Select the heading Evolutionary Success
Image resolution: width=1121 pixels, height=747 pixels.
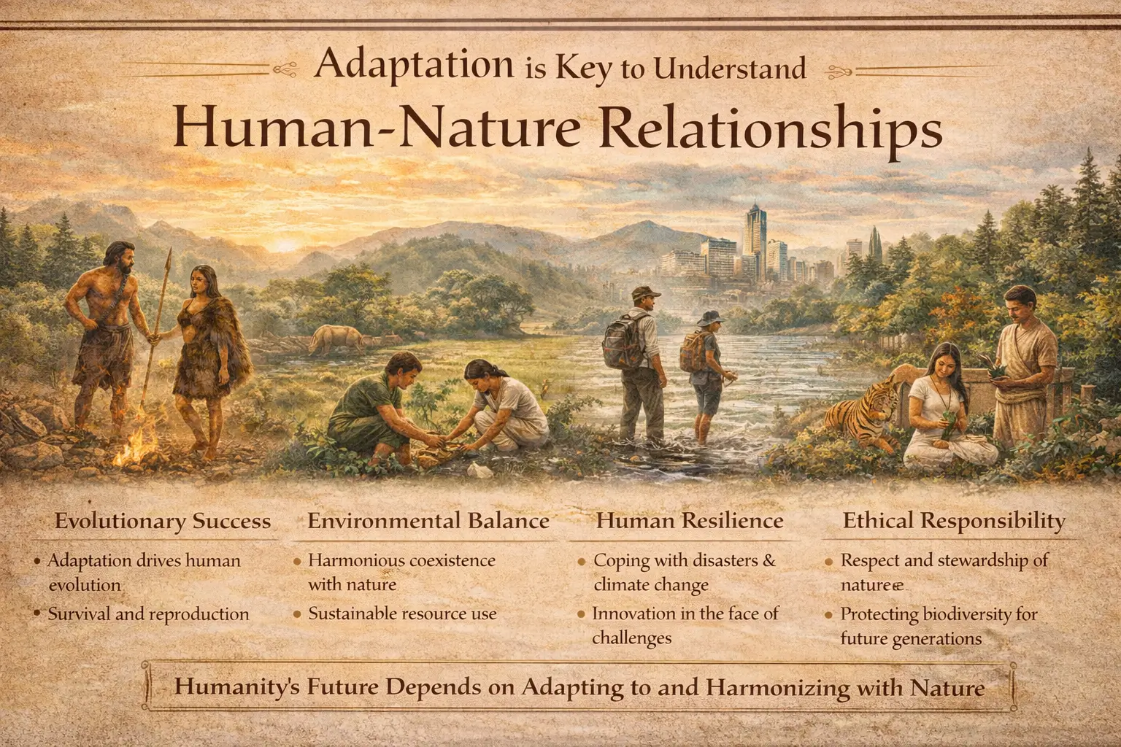tap(163, 521)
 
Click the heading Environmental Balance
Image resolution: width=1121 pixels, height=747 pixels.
tap(428, 521)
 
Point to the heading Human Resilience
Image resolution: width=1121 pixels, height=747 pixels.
tap(690, 521)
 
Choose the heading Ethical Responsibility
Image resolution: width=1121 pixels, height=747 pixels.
tap(954, 521)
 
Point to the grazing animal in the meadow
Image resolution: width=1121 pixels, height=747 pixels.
tap(338, 338)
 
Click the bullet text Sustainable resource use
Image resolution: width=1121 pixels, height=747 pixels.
tap(402, 614)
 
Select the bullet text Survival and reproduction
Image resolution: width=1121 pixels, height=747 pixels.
tap(148, 614)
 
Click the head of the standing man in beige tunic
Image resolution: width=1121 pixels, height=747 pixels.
tap(1022, 298)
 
